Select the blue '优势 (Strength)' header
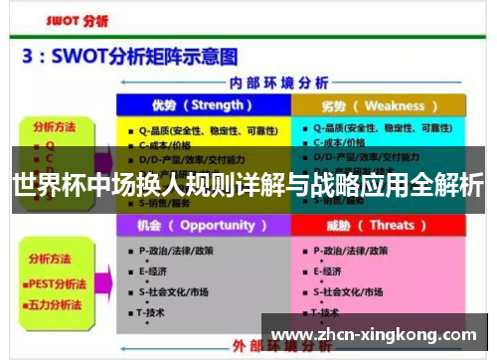203,105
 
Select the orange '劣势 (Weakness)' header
379,105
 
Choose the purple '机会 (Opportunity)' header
204,226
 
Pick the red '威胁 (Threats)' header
379,226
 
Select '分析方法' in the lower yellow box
51,259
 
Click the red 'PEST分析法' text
59,282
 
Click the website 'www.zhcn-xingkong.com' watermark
374,335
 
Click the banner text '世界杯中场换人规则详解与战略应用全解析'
248,186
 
